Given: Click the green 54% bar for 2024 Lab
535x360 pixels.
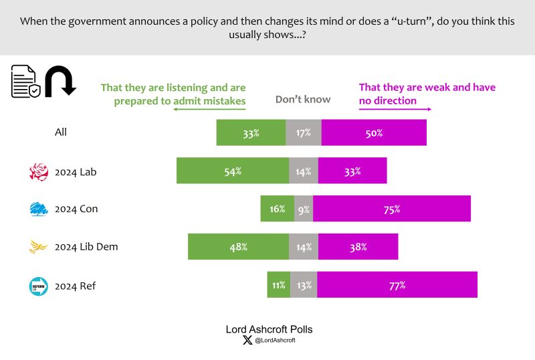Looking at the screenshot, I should pyautogui.click(x=232, y=171).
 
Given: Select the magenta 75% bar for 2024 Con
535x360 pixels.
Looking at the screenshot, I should pyautogui.click(x=392, y=209).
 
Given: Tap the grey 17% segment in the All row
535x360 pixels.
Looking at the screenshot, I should pyautogui.click(x=304, y=132).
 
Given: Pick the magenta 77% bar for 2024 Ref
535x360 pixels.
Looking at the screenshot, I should pyautogui.click(x=397, y=284).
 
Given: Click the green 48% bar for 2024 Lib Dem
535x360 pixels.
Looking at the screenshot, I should pyautogui.click(x=238, y=246).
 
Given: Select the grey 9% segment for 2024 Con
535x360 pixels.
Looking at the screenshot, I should pyautogui.click(x=304, y=209).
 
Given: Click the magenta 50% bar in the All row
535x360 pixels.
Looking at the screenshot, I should pyautogui.click(x=374, y=132).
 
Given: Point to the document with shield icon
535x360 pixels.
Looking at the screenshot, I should pyautogui.click(x=26, y=82).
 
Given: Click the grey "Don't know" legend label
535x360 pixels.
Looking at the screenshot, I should pyautogui.click(x=303, y=100).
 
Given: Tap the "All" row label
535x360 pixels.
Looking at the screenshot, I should pyautogui.click(x=61, y=132).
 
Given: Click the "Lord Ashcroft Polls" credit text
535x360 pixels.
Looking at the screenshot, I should pyautogui.click(x=268, y=329).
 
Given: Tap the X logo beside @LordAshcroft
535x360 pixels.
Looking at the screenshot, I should pyautogui.click(x=247, y=341).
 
